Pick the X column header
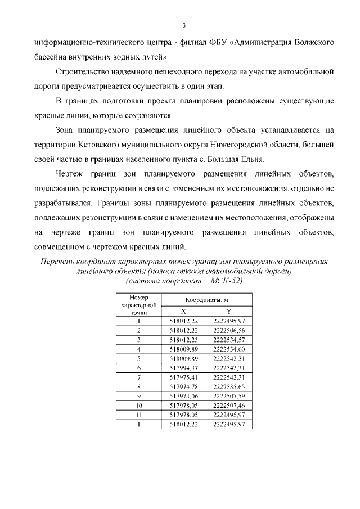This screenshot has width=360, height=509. click(183, 311)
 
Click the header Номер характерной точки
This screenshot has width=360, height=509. click(138, 304)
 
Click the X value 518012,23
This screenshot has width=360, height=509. click(183, 340)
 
